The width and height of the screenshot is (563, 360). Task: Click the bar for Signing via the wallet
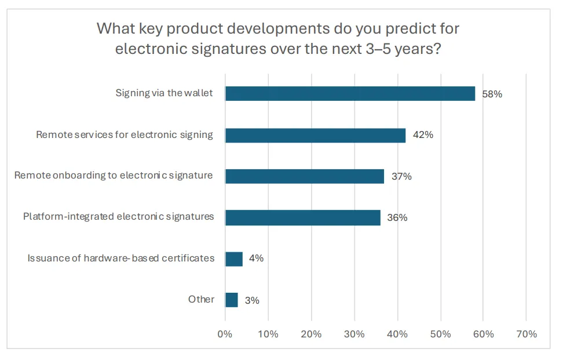(350, 93)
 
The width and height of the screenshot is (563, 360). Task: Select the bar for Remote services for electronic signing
(315, 135)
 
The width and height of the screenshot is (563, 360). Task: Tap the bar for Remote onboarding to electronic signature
(305, 176)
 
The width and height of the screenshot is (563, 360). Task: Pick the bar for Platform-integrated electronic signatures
(302, 217)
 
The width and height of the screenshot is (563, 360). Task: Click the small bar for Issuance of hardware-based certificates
(234, 259)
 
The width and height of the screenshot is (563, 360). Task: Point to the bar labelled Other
(232, 300)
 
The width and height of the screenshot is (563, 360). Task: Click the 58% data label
(492, 94)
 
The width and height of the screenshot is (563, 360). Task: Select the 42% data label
(423, 135)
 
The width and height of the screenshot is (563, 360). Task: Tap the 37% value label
(401, 177)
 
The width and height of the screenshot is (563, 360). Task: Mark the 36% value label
(397, 218)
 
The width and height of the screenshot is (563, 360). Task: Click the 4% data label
(256, 259)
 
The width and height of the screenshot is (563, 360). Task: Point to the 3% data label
(252, 300)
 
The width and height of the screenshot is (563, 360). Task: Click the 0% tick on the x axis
(225, 334)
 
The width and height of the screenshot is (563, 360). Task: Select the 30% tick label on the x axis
(354, 334)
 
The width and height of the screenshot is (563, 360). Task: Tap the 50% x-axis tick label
(440, 334)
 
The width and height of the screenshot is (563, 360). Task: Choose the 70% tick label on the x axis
(526, 334)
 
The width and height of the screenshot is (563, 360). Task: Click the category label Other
(201, 300)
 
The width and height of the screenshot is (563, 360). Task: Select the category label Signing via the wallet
(164, 93)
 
